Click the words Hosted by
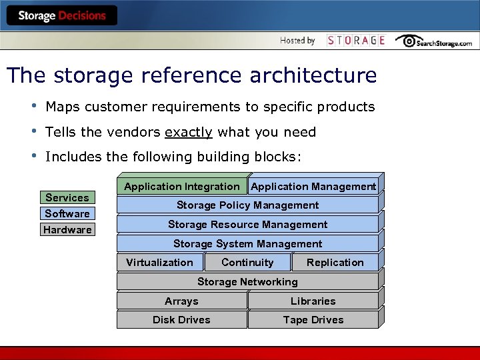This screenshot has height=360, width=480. tap(297, 41)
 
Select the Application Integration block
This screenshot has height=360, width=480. tap(181, 187)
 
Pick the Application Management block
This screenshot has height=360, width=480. tap(313, 187)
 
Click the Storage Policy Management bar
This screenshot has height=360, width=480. tap(247, 205)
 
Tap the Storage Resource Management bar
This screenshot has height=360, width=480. tap(247, 225)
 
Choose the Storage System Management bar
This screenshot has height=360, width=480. tap(247, 244)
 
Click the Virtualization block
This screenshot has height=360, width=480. tap(159, 263)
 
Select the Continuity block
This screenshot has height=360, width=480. tap(247, 263)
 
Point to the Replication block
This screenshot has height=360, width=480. tap(335, 263)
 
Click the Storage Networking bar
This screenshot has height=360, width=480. tap(247, 282)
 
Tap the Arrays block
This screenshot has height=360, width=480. tap(181, 301)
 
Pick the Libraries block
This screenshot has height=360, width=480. tap(313, 301)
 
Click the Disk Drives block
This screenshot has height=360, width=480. tap(181, 320)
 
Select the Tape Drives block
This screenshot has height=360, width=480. tap(313, 320)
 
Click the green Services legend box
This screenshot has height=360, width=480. tap(67, 197)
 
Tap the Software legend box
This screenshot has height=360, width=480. tap(67, 213)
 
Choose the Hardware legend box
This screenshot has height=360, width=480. tap(67, 230)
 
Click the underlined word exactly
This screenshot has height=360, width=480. tap(189, 132)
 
